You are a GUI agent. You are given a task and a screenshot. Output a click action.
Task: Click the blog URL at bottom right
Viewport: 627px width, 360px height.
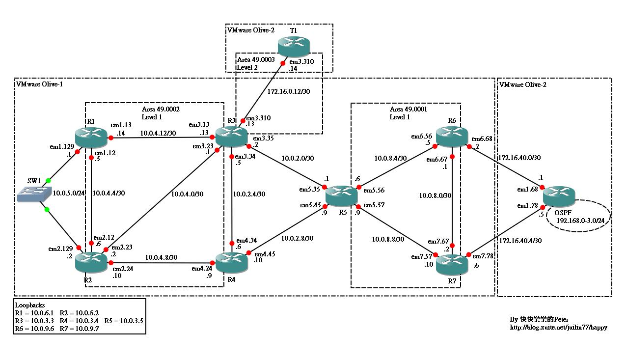558,327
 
